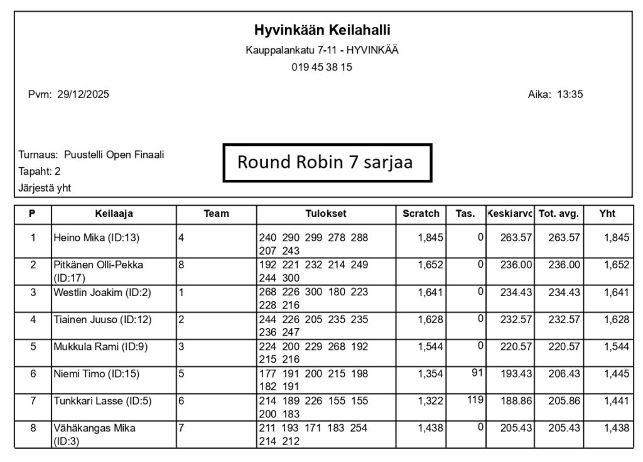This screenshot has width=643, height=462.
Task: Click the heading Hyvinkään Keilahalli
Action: coord(321,30)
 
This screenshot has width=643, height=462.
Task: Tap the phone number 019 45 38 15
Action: coord(321,67)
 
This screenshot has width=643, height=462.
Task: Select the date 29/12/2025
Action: coord(83,95)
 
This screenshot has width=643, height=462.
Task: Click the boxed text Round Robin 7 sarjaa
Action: coord(325,162)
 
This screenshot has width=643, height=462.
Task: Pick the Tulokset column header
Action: coord(326,214)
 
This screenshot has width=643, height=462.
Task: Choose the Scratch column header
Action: coord(421,214)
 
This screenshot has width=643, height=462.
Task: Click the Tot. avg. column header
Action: coord(558,214)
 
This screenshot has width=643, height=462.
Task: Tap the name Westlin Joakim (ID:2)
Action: coord(102,292)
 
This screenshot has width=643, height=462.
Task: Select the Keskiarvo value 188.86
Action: coord(516,401)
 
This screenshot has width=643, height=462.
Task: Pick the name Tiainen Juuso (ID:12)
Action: coord(102,320)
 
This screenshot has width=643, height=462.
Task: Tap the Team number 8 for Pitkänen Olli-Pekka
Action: coord(181,265)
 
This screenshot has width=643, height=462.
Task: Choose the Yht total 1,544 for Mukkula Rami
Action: coord(616,347)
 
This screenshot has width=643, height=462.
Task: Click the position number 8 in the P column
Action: coord(33,428)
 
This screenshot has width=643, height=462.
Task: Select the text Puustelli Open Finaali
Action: coord(114,155)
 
